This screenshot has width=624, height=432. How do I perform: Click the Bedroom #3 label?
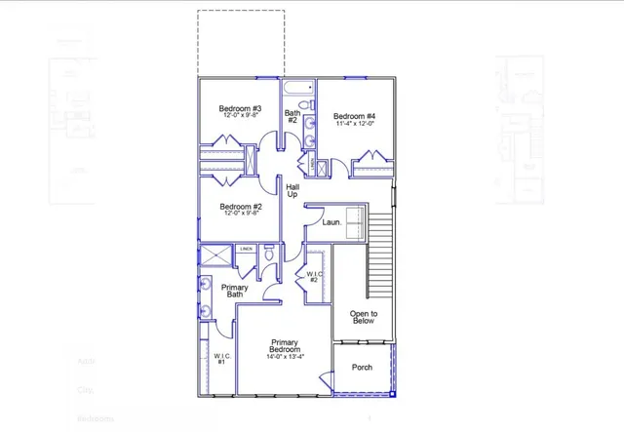[238, 108]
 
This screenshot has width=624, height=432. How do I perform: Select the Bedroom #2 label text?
[240, 207]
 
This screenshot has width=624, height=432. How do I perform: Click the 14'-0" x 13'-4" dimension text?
[285, 354]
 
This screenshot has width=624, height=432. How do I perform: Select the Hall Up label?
[292, 190]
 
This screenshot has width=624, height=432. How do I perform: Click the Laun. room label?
[318, 222]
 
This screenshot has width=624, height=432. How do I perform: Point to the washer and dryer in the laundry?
[348, 218]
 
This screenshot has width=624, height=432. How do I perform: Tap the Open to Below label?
[363, 317]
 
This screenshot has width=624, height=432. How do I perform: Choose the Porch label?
[362, 368]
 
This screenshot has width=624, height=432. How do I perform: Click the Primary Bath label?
[234, 291]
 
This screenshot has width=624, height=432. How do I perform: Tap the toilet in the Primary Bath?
[269, 258]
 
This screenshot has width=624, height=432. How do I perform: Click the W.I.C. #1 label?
[220, 359]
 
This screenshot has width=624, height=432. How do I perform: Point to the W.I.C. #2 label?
[314, 277]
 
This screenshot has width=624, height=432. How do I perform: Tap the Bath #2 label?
[292, 116]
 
